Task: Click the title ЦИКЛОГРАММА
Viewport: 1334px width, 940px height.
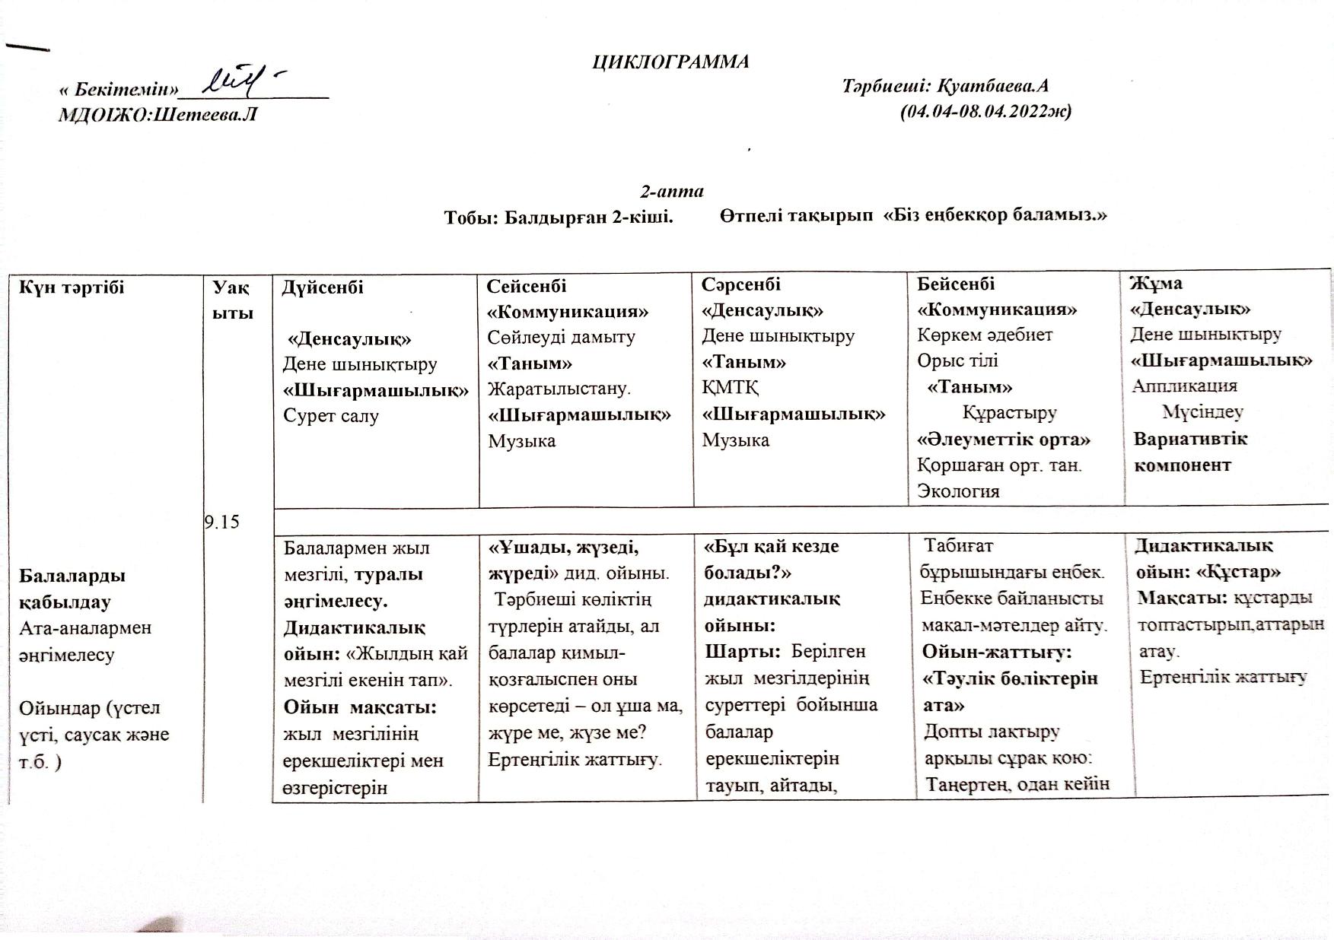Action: click(670, 62)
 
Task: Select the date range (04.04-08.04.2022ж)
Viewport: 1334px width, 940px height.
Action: click(985, 112)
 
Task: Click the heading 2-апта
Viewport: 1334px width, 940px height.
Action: click(671, 191)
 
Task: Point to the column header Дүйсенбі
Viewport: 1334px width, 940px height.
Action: click(323, 287)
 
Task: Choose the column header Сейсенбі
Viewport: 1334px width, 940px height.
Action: click(527, 286)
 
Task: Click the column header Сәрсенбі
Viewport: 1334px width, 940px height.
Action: click(741, 284)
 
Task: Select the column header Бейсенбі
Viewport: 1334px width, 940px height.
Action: click(956, 284)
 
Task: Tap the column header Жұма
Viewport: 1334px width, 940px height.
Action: click(1156, 283)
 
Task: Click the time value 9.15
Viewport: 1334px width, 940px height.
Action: click(222, 522)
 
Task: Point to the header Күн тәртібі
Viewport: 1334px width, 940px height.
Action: click(72, 287)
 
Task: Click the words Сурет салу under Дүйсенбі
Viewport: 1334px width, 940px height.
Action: click(331, 416)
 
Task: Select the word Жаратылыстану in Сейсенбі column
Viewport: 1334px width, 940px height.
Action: click(559, 389)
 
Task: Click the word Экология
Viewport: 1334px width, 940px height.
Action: click(958, 491)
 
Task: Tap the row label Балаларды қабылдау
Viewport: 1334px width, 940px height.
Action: click(72, 589)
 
